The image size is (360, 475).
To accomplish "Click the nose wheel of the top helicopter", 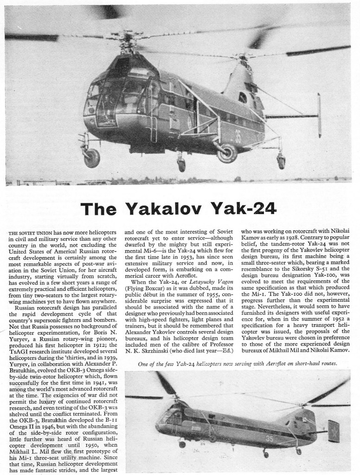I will [92, 157].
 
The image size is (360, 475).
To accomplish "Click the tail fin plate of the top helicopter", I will [319, 115].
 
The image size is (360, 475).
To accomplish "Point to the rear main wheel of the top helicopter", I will [227, 154].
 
